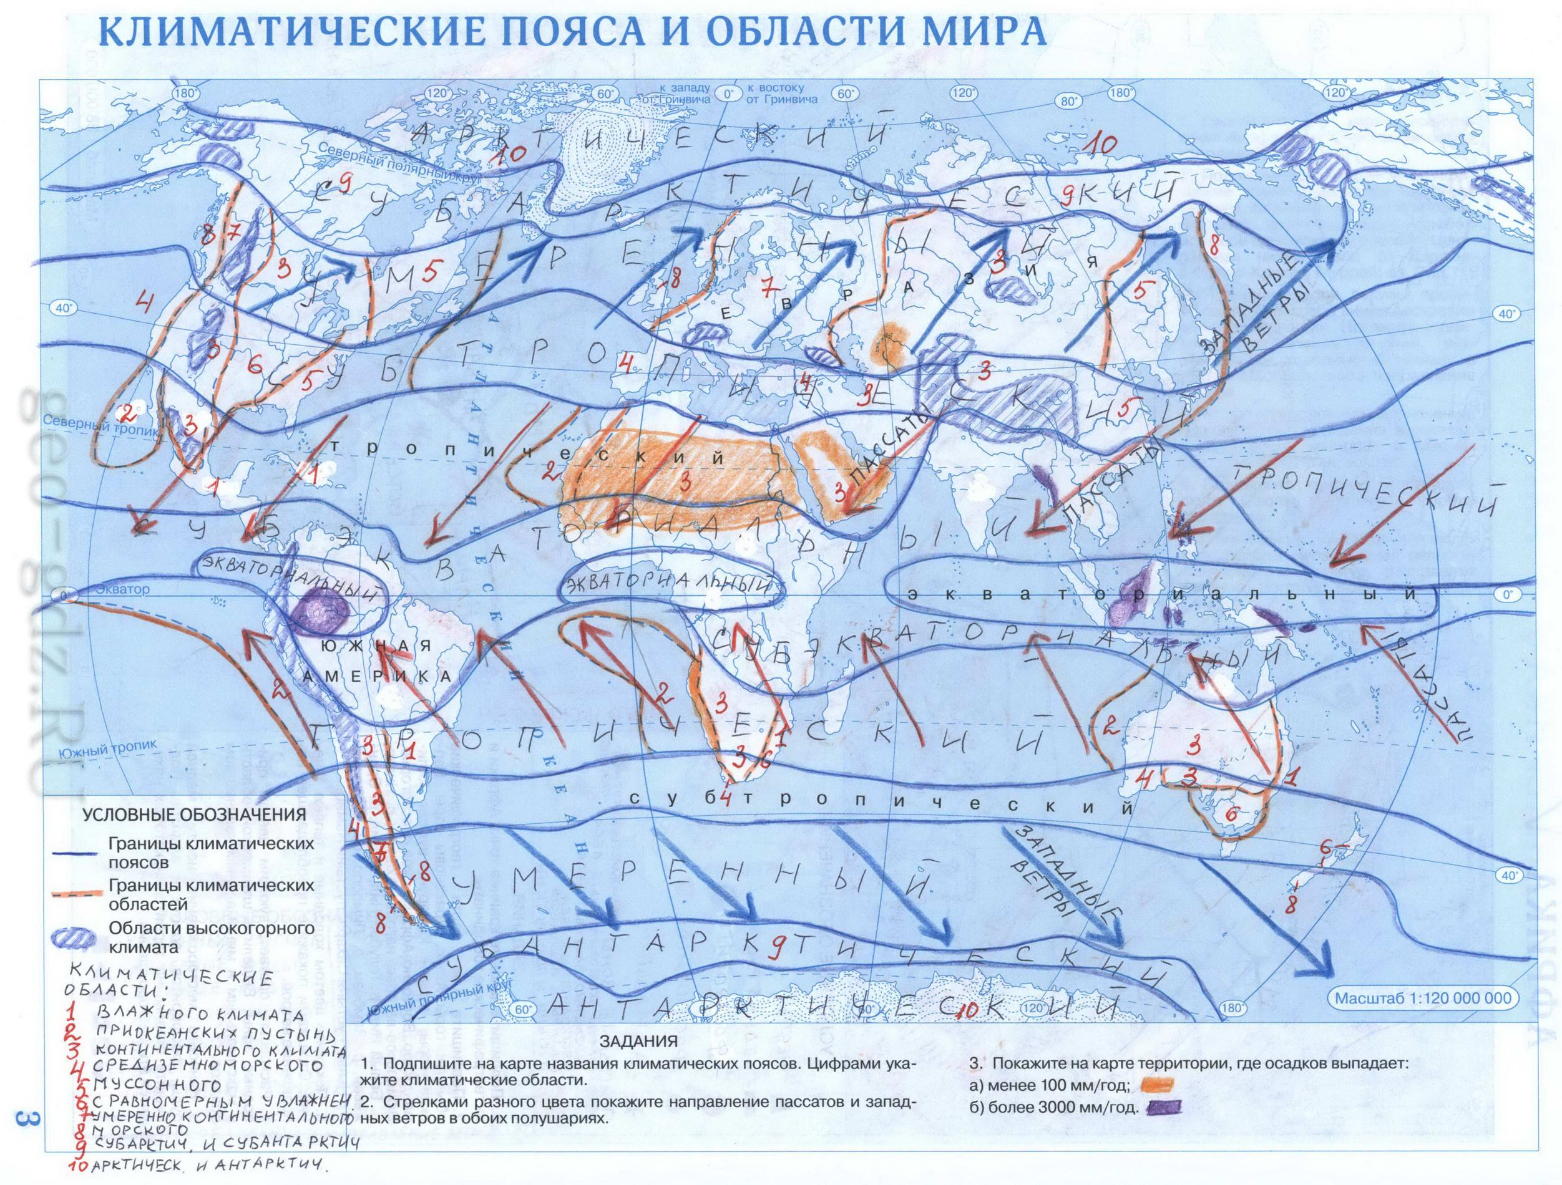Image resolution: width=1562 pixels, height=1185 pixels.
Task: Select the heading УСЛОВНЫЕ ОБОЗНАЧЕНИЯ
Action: coord(195,814)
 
